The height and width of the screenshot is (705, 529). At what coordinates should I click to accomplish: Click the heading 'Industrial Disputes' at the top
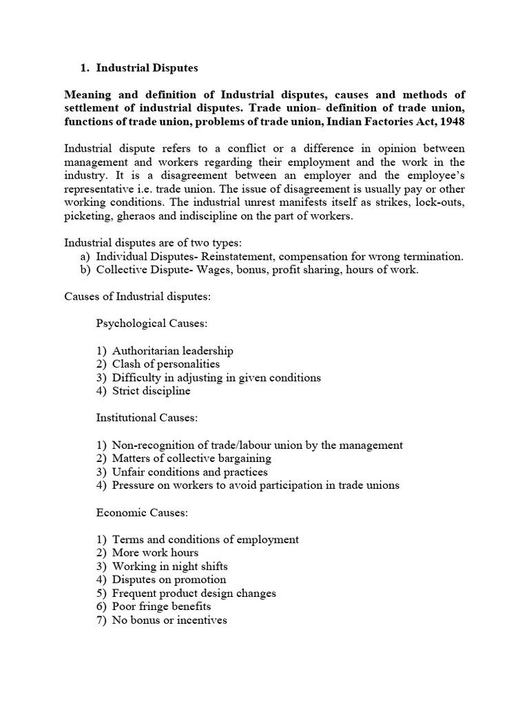[x=147, y=68]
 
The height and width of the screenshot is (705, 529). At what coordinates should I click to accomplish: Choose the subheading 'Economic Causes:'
[x=134, y=513]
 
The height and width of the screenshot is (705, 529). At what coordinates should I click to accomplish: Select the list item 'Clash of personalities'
[x=166, y=364]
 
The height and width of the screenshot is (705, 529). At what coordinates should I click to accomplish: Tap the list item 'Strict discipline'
[x=152, y=391]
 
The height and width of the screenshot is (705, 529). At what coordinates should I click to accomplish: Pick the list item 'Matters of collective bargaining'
[x=191, y=459]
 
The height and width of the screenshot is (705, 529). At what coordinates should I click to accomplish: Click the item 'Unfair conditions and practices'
[x=190, y=472]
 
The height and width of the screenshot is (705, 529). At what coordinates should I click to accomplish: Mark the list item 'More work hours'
[x=155, y=553]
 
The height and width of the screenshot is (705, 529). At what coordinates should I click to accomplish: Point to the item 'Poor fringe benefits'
[x=162, y=607]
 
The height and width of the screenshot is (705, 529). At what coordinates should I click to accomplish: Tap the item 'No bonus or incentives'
[x=169, y=620]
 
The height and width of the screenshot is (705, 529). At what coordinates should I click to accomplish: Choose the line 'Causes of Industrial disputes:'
[x=138, y=297]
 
